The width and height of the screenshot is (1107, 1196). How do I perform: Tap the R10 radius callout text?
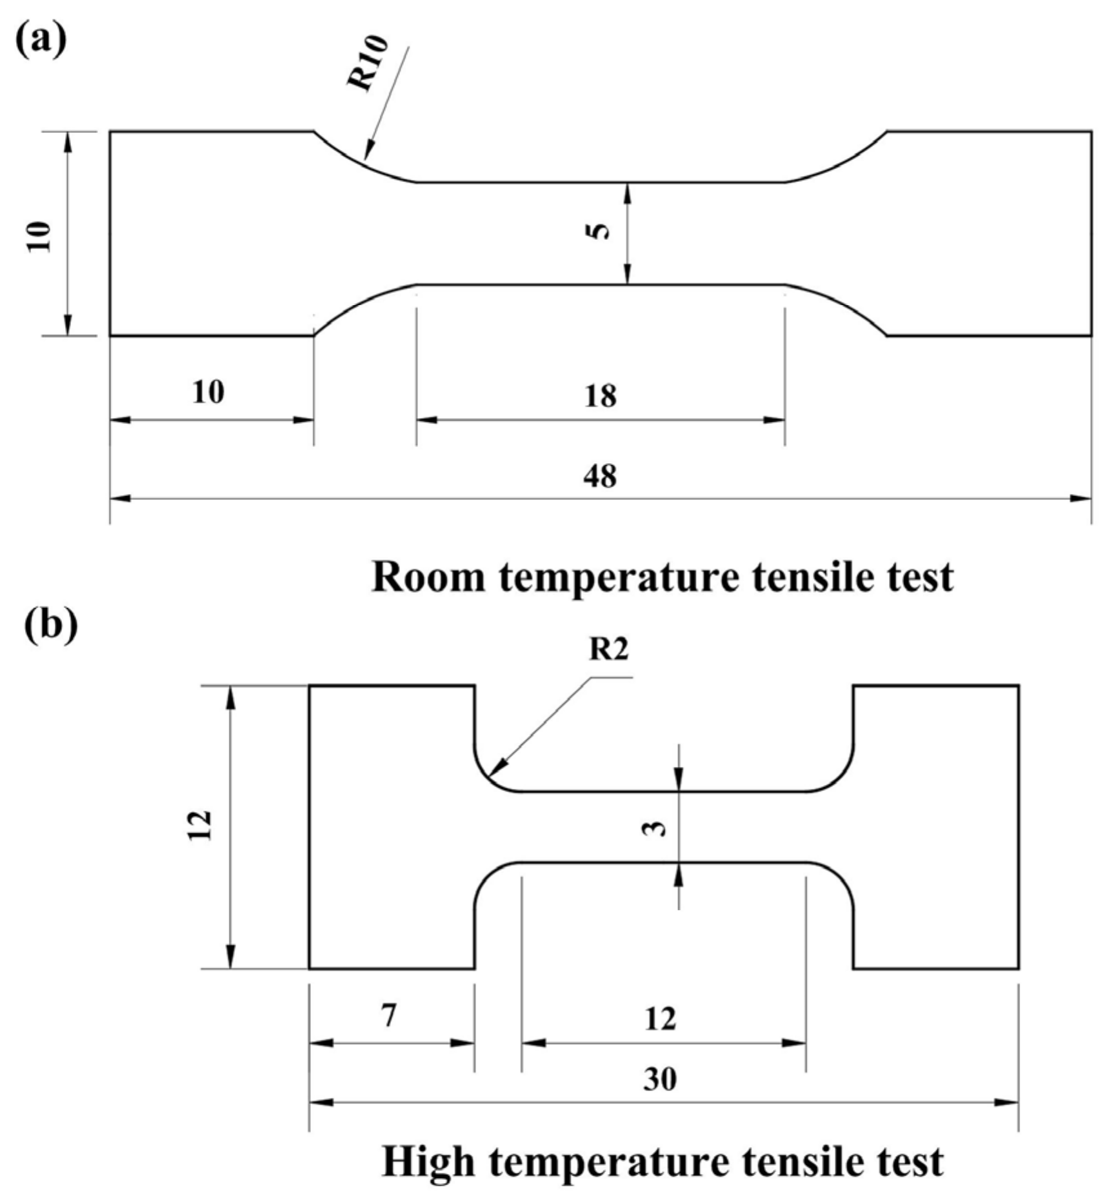pos(368,63)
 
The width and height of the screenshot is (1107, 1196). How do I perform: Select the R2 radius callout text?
pos(608,650)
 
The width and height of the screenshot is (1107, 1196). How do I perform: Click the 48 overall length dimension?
pos(600,476)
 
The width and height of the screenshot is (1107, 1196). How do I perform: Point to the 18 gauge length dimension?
pos(600,395)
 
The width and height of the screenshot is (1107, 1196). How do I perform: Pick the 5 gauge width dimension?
pos(600,230)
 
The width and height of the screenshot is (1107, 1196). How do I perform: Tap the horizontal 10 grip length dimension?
pos(208,392)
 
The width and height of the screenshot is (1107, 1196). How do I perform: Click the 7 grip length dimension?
pos(388,1017)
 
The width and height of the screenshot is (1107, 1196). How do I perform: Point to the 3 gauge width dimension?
pos(655,826)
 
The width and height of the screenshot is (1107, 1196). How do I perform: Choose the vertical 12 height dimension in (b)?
pos(201,825)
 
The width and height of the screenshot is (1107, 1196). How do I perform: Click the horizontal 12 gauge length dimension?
pos(660,1019)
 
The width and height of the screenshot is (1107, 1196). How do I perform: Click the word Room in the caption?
pos(428,577)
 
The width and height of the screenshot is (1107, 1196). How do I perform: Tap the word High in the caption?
pos(429,1162)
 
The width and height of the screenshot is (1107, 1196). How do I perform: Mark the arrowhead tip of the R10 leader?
pos(366,157)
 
